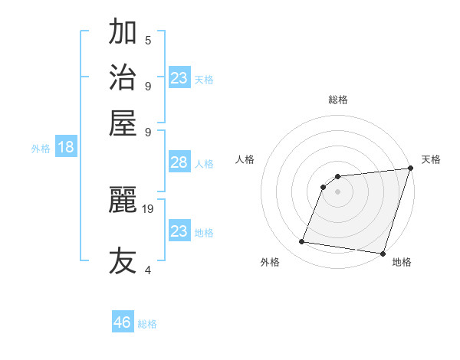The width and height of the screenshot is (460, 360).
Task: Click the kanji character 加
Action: [x=123, y=32]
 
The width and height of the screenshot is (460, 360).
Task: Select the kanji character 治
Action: [x=123, y=77]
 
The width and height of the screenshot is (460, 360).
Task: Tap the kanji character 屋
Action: [x=123, y=122]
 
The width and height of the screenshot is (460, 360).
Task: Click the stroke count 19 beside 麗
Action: [x=149, y=208]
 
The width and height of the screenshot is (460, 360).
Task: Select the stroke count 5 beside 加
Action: [x=148, y=41]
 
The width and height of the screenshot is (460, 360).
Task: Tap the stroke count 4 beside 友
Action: [x=148, y=270]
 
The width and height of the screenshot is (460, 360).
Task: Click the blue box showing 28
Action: [x=179, y=162]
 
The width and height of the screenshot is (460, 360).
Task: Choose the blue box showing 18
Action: [x=66, y=147]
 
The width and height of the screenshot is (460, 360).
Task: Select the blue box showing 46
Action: [x=123, y=322]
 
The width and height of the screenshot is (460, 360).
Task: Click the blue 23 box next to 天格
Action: [x=179, y=78]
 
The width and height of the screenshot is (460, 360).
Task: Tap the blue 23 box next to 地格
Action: [x=179, y=231]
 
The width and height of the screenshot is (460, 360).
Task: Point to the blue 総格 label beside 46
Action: [x=147, y=324]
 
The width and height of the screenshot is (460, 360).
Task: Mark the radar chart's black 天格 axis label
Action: [x=431, y=159]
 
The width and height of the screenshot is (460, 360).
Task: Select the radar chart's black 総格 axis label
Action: [x=337, y=100]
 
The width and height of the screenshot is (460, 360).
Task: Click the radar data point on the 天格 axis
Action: [x=410, y=168]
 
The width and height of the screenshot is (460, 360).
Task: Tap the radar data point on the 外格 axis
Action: [x=302, y=242]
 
